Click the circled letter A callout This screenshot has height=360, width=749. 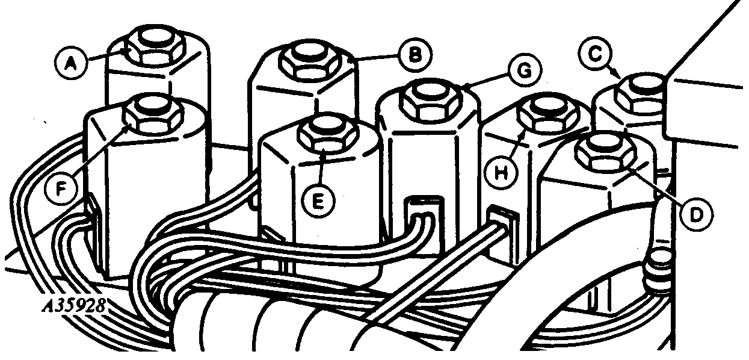[x=71, y=64]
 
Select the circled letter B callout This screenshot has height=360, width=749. [x=415, y=55]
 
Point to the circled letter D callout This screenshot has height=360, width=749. [x=696, y=215]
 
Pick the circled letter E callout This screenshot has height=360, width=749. [x=318, y=202]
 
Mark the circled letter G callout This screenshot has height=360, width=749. [x=525, y=71]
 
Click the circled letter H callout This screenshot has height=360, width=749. [x=501, y=173]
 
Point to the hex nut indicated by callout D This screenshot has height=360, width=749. [x=605, y=152]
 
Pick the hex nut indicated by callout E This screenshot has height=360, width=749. [x=328, y=134]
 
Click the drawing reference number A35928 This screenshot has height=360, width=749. [x=74, y=305]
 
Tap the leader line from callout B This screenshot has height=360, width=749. [x=374, y=58]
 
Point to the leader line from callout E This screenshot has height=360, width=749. [x=321, y=167]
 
